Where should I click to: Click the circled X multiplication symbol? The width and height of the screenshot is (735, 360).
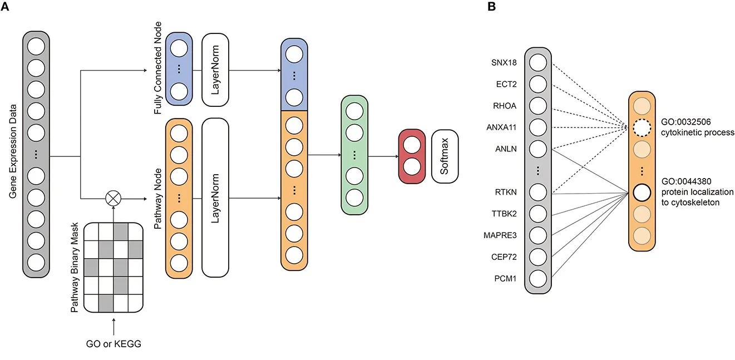[x=113, y=197]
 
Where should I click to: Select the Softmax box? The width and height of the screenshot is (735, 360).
[x=445, y=157]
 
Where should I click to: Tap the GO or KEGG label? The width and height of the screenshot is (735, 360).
[x=114, y=344]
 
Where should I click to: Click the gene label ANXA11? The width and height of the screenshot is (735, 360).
[x=502, y=127]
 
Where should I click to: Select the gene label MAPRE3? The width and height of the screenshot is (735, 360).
[x=501, y=235]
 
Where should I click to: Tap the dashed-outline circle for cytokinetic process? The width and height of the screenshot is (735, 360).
[x=642, y=129]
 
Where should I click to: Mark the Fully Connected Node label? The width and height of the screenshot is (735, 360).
[x=159, y=68]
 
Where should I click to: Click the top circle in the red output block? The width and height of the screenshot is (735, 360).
[x=412, y=145]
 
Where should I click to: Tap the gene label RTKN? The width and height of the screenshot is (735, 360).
[x=506, y=193]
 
